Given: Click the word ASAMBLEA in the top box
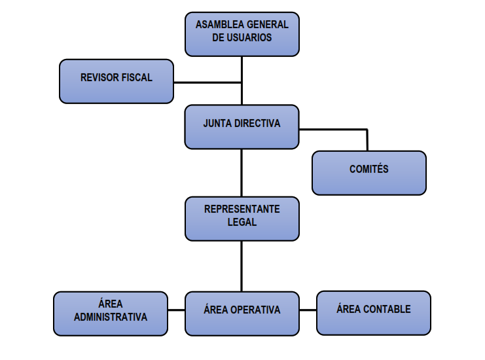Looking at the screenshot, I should pos(218,25).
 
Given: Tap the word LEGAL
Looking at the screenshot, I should pos(242,223).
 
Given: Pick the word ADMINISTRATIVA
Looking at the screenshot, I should pos(110,317).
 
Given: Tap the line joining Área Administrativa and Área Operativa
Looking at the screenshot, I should pos(176,310).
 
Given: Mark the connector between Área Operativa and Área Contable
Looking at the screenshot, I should pos(308,310).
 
